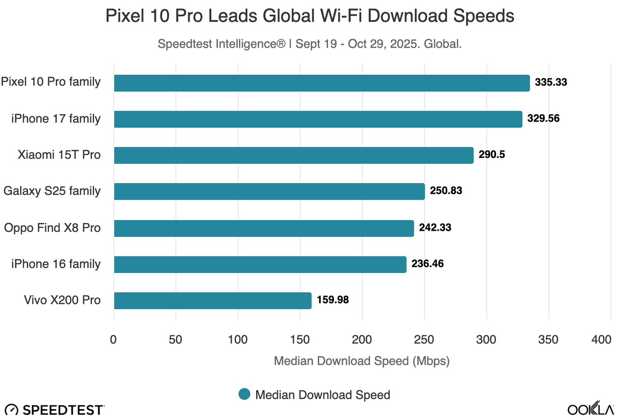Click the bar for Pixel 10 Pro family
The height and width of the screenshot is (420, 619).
[x=321, y=83]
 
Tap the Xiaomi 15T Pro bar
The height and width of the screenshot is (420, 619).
[x=294, y=155]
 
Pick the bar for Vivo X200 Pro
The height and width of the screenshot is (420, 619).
[x=212, y=301]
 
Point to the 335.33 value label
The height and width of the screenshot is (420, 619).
[x=551, y=82]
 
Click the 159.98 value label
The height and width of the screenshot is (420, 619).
[x=333, y=300]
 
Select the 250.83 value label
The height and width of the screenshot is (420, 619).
[x=446, y=191]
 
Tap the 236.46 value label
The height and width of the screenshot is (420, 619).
[x=427, y=264]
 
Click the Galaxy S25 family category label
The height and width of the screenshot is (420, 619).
[x=52, y=191]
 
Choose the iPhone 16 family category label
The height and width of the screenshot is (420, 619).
[x=56, y=264]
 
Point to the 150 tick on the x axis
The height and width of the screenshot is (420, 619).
[x=300, y=340]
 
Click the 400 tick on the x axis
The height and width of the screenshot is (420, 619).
[x=601, y=340]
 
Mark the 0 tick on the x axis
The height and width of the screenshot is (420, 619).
[x=113, y=340]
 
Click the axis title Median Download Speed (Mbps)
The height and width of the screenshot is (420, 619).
[x=362, y=361]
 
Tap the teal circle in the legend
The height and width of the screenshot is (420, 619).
[x=245, y=394]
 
